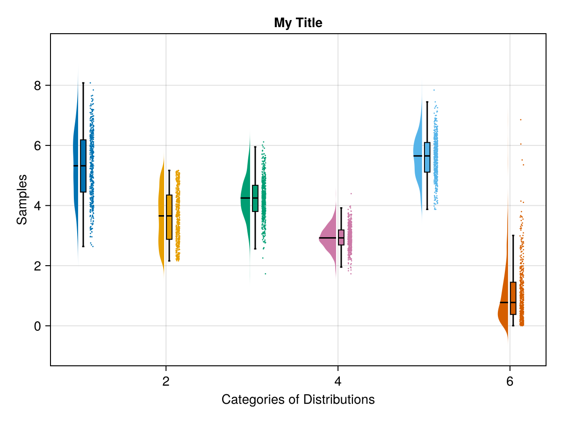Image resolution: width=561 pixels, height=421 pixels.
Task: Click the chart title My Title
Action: (298, 22)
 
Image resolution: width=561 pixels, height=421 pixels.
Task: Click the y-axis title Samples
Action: (22, 199)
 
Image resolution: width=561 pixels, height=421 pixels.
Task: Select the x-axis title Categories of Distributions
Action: (298, 400)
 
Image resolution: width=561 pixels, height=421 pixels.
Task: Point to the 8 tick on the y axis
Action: (37, 86)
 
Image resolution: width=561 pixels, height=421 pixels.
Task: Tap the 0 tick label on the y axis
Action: (37, 326)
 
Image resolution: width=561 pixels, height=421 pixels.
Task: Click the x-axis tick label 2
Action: (165, 382)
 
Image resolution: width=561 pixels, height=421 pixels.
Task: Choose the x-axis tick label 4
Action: (338, 382)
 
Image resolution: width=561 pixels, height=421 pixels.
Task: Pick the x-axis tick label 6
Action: (510, 382)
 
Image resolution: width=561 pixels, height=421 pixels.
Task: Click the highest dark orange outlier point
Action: (520, 120)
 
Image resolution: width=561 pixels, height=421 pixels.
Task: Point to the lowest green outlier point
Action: (266, 274)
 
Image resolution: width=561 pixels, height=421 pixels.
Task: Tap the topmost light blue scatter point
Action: (434, 90)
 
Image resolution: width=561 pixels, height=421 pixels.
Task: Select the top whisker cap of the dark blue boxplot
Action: (83, 83)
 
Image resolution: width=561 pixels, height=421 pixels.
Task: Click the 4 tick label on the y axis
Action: (37, 206)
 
